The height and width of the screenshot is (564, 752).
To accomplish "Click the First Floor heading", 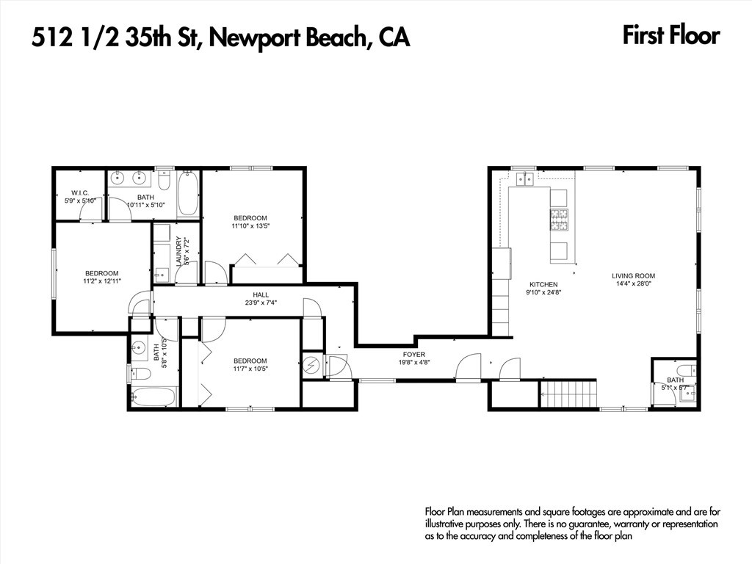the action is point(671,36).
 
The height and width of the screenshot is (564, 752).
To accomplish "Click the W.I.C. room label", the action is point(80,193).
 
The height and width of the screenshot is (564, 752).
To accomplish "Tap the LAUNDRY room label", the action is point(179,251).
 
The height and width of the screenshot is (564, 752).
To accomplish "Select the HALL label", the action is point(261,294).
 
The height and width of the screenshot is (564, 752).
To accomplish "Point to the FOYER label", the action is point(414,355).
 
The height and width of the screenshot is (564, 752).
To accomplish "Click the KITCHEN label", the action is point(543,284).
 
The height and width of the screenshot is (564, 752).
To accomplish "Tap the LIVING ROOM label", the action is point(633,276).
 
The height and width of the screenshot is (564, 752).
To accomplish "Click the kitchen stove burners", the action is point(559,220).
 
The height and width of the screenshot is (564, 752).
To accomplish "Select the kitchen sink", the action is point(525,179).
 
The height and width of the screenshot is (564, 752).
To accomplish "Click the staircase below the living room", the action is point(569,394).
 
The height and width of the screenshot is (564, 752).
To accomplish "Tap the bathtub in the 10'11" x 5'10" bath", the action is point(187,194).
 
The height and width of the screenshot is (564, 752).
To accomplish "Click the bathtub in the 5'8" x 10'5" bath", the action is point(153,397).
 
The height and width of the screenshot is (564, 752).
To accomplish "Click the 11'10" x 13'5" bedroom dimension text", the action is point(251,225).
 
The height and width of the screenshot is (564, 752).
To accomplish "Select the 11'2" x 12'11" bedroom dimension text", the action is point(101,281).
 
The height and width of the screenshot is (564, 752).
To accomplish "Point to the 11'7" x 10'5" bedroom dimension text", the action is point(250,369).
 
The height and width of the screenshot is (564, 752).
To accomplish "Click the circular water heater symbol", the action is point(311,366).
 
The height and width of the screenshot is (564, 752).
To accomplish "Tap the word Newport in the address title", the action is point(253,38).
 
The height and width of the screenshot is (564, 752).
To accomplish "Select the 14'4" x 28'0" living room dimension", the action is point(633,283).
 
